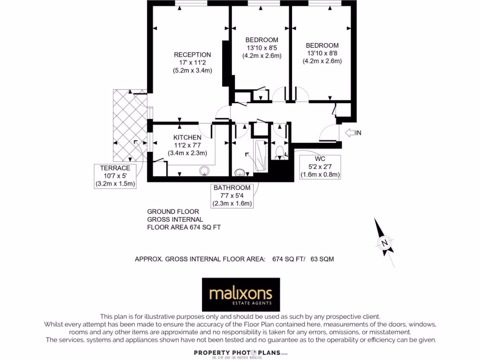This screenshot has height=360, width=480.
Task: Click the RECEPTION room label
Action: (192, 54)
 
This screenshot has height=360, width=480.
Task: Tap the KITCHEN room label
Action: (187, 137)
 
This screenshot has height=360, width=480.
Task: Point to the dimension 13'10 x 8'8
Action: (322, 53)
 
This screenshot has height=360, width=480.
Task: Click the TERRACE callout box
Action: (115, 176)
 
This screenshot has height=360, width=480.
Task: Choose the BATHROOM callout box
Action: (232, 195)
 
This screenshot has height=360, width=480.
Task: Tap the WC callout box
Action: (320, 167)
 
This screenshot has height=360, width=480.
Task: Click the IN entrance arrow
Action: (353, 133)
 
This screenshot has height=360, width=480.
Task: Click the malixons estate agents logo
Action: (240, 295)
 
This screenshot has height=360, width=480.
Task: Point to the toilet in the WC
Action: (280, 151)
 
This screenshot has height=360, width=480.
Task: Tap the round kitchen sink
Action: (204, 171)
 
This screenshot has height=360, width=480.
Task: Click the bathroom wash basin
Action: (240, 172)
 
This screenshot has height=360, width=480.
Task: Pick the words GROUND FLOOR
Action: (173, 211)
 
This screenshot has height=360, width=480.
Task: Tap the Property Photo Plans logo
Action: (240, 353)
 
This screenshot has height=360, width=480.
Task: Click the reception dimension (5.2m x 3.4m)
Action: (192, 71)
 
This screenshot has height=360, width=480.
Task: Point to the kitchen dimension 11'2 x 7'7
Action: (187, 145)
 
